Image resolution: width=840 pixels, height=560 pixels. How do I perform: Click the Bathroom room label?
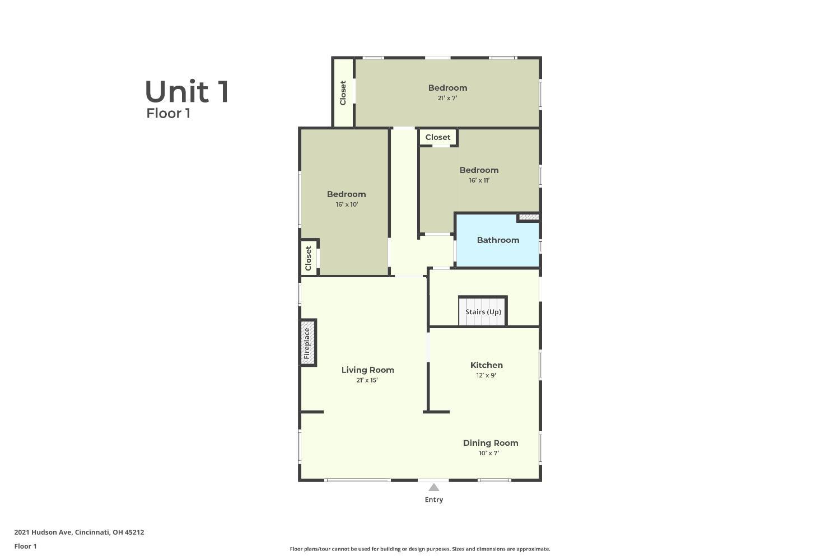(498, 240)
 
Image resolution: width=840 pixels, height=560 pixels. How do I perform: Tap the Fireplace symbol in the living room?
(308, 343)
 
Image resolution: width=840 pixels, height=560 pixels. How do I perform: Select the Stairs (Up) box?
(483, 311)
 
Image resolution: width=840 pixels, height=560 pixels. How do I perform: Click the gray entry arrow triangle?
(434, 487)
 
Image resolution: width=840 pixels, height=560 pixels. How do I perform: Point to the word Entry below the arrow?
(434, 500)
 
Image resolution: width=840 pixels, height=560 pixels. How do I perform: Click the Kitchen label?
(487, 365)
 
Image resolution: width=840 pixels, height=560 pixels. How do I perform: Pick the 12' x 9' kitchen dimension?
(486, 375)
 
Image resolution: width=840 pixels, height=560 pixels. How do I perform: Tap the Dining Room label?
(491, 443)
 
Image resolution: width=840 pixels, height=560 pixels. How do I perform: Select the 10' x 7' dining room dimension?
(489, 453)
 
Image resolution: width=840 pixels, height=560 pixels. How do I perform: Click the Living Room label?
(367, 370)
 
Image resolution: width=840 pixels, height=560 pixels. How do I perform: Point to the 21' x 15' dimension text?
(367, 380)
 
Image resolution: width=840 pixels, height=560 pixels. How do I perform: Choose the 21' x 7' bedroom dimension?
(447, 98)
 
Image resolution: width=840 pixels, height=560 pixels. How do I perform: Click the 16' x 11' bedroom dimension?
(479, 180)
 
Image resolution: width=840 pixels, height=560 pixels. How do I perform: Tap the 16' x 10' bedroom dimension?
(347, 204)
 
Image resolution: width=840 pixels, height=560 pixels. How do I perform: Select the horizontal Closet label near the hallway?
(437, 137)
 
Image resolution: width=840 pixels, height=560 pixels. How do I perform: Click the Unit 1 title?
(186, 91)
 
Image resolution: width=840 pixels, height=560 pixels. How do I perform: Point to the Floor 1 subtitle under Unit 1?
(168, 113)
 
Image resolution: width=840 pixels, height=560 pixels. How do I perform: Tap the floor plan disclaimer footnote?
(419, 549)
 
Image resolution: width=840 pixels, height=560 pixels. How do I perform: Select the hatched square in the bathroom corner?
(529, 217)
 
